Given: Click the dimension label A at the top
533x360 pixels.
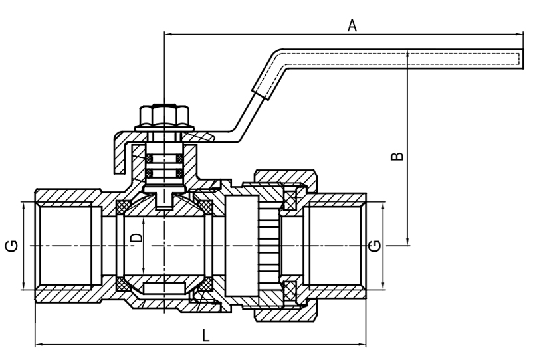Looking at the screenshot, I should (352, 25).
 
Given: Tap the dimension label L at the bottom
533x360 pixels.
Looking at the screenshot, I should (206, 336).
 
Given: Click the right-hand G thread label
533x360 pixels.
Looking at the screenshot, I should (375, 246).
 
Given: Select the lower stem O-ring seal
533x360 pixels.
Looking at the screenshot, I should (162, 173).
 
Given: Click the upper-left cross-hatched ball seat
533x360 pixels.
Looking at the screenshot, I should (122, 207).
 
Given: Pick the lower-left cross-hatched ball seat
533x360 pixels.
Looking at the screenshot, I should (122, 285).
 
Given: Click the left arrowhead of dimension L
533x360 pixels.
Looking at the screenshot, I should (37, 344).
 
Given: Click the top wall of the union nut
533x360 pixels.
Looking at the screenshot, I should (282, 175).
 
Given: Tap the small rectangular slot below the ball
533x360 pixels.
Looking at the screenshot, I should (163, 287).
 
